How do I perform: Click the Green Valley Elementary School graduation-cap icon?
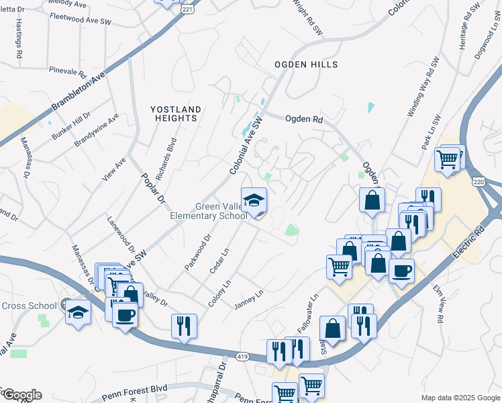click(x=254, y=201)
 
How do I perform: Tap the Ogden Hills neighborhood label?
click(x=305, y=64)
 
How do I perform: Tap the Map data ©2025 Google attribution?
click(x=460, y=398)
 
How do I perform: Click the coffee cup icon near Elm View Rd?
click(x=401, y=271)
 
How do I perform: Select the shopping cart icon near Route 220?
click(x=448, y=160)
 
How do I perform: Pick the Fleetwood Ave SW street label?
click(x=80, y=21)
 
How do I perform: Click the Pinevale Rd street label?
click(x=68, y=70)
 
